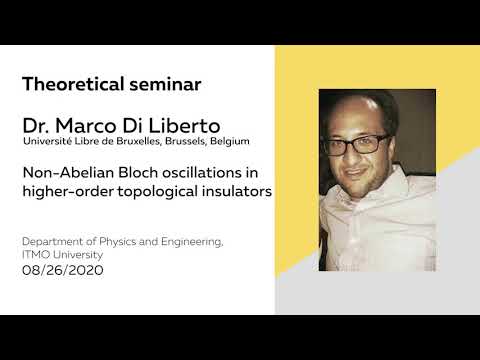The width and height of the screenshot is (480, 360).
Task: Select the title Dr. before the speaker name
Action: click(37, 127)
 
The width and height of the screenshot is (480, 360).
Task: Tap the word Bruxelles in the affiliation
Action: click(149, 143)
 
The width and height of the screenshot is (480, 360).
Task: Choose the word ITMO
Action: click(37, 255)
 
